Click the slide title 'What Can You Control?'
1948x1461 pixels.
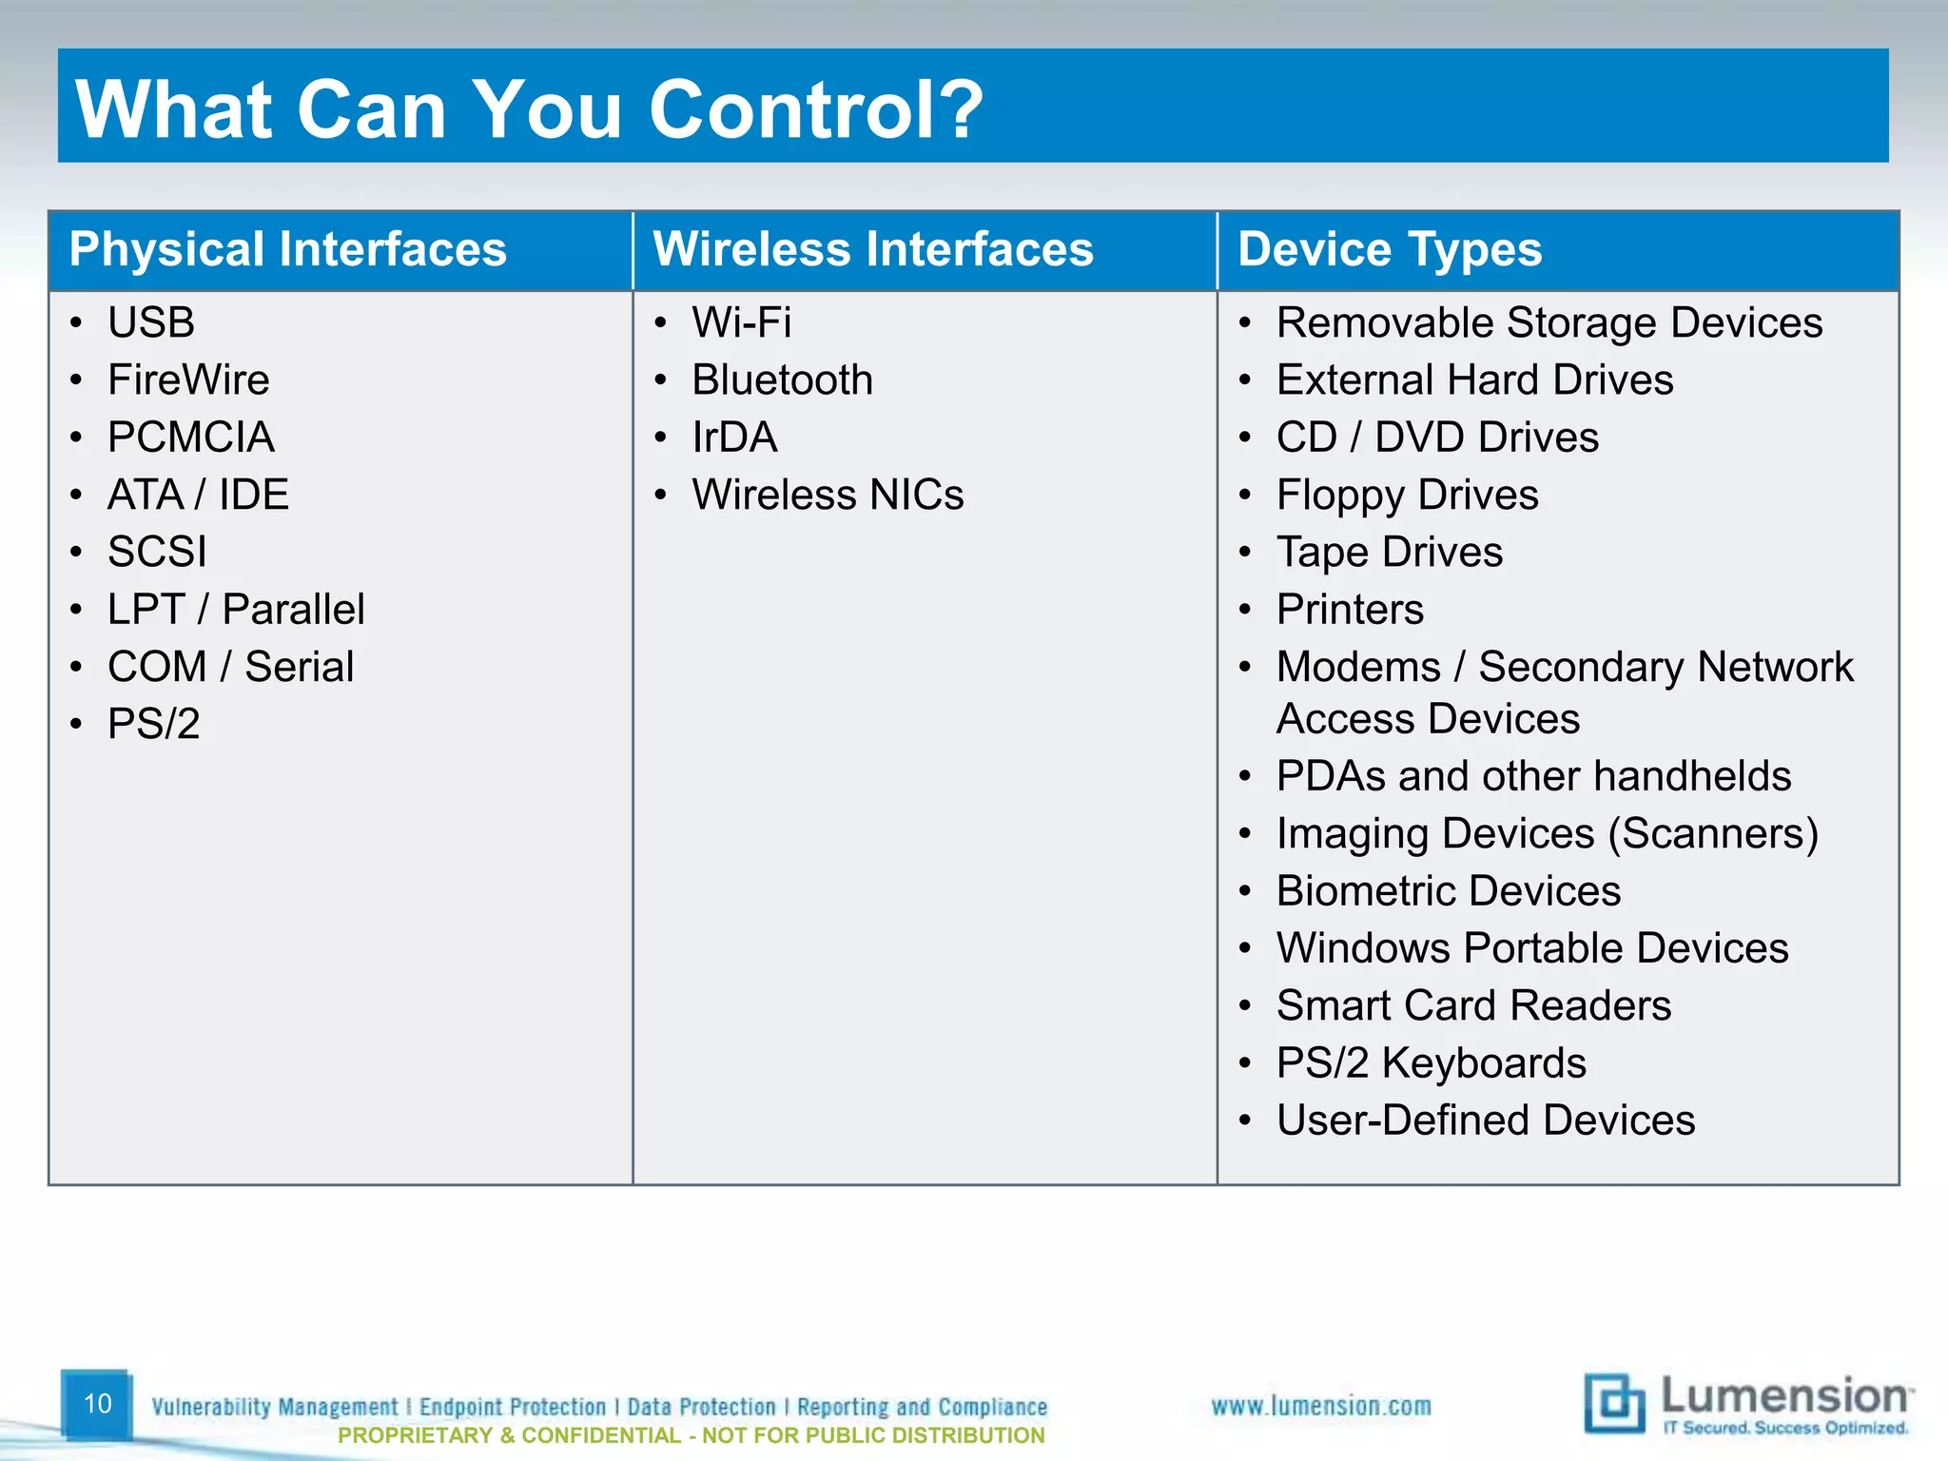point(529,109)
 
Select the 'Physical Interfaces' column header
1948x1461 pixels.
point(287,250)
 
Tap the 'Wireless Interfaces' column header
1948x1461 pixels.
point(872,250)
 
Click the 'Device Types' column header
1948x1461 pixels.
point(1389,250)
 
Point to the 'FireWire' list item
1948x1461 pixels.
point(188,380)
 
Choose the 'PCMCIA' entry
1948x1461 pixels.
point(190,438)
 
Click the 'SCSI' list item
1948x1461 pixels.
point(157,553)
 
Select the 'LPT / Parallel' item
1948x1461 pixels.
point(236,610)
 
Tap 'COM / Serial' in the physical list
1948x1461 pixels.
point(230,667)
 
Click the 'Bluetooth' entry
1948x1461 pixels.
point(782,380)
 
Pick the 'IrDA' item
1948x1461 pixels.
point(734,438)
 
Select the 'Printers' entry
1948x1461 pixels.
point(1350,610)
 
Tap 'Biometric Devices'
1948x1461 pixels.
point(1448,891)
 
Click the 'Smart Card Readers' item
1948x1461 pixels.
point(1473,1006)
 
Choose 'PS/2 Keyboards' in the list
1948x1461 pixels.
point(1431,1063)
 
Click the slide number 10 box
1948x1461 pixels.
point(97,1404)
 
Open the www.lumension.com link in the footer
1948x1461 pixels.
point(1320,1406)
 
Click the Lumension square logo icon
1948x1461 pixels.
point(1613,1403)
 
